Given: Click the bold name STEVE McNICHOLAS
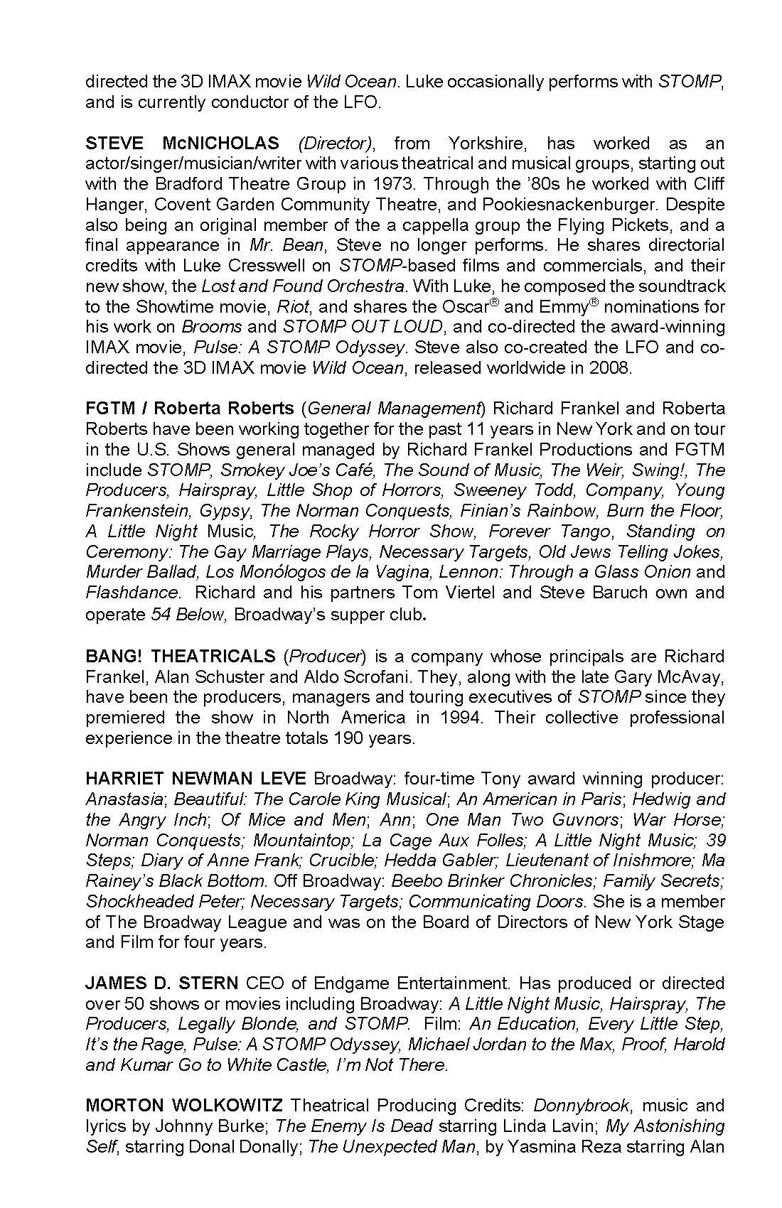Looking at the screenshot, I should pyautogui.click(x=182, y=143).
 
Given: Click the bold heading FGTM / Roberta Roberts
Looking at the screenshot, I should pyautogui.click(x=189, y=409).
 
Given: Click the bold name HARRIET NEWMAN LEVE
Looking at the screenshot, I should pyautogui.click(x=195, y=779).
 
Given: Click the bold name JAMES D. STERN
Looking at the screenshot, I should pyautogui.click(x=162, y=983).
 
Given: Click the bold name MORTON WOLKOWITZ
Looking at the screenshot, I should pyautogui.click(x=184, y=1106).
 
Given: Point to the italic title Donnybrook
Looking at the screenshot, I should pyautogui.click(x=581, y=1106).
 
